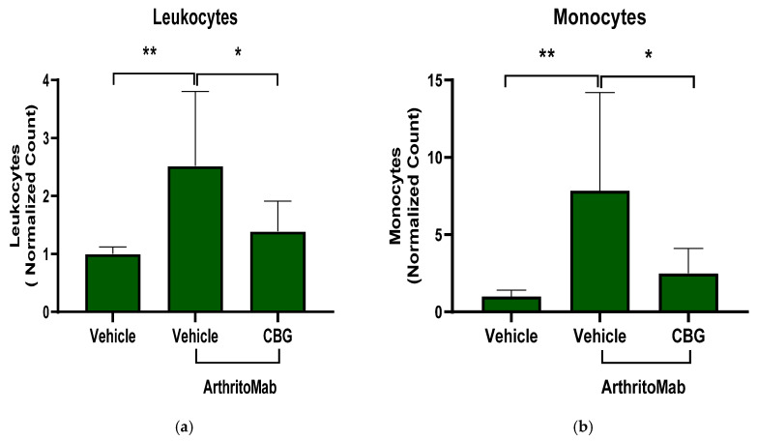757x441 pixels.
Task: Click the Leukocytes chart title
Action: (x=195, y=17)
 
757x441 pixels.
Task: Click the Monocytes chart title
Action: (x=599, y=17)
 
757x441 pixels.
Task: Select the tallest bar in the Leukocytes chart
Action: (x=195, y=239)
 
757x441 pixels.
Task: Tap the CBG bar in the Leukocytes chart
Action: (x=277, y=272)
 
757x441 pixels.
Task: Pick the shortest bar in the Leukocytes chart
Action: (x=113, y=283)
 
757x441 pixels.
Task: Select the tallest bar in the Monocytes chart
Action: (x=599, y=251)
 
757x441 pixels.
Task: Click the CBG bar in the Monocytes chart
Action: (x=688, y=293)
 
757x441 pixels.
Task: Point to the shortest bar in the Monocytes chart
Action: (x=511, y=305)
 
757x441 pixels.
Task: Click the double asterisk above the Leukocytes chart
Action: (x=150, y=50)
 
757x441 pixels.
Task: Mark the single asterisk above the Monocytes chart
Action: (x=649, y=54)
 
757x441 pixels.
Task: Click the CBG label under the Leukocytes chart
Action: (x=277, y=336)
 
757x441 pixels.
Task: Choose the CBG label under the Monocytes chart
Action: (x=688, y=336)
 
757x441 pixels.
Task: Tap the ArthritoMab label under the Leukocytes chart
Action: (x=240, y=388)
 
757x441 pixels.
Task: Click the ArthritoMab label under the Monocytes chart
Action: (x=643, y=387)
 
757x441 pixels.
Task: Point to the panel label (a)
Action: (x=185, y=427)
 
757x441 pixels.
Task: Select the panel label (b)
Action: (x=583, y=427)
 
